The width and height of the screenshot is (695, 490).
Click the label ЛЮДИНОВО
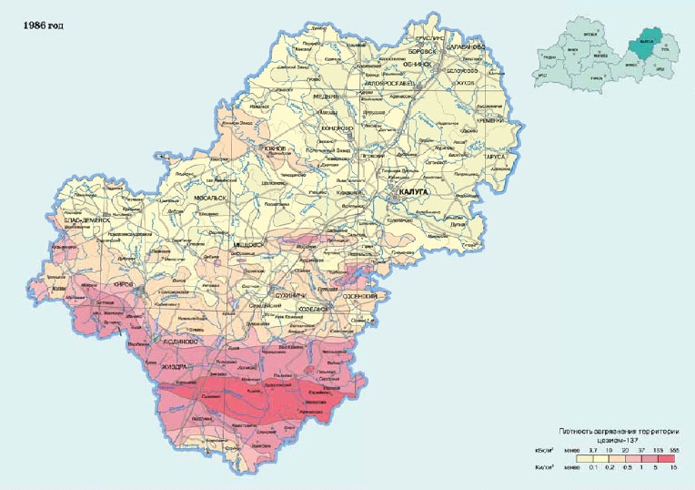tap(171, 340)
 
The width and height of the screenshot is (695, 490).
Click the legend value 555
tap(673, 450)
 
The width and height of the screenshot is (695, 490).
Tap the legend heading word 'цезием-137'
tap(609, 438)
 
